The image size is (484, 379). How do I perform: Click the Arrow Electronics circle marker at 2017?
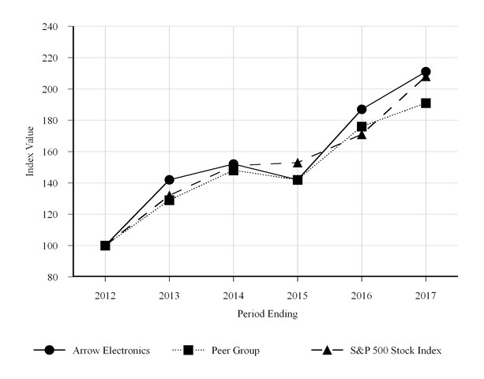tap(426, 72)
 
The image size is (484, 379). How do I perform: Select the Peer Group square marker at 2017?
tap(426, 103)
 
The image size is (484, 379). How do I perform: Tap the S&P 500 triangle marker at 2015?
tap(298, 163)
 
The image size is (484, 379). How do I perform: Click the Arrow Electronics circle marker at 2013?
tap(169, 180)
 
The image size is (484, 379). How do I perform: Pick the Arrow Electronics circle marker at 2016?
tap(362, 109)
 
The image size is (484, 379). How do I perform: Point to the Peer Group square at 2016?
tap(362, 126)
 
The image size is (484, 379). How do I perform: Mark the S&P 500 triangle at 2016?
tap(362, 135)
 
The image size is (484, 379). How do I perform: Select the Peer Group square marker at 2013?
tap(169, 200)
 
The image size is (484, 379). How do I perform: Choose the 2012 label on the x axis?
tap(105, 295)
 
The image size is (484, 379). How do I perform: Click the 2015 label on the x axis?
tap(298, 295)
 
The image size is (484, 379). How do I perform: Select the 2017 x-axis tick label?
tap(426, 295)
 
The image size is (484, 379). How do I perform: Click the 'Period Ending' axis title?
tap(266, 313)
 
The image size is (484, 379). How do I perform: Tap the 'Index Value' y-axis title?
tap(30, 152)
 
